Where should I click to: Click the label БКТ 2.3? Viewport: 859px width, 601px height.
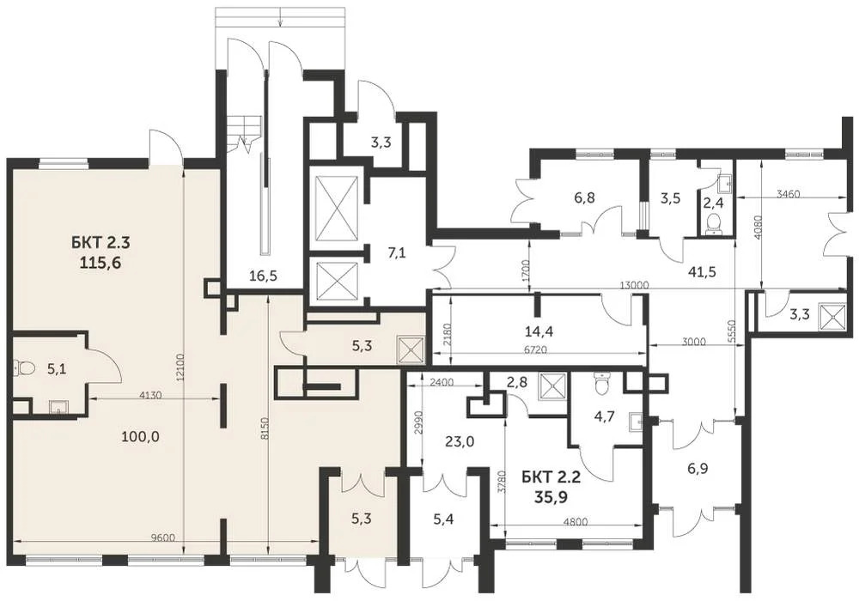96,243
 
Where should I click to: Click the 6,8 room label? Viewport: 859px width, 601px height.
585,197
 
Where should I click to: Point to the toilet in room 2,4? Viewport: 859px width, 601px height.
712,223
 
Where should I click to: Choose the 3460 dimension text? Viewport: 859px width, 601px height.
787,194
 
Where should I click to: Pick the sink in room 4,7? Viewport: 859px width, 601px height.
635,421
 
